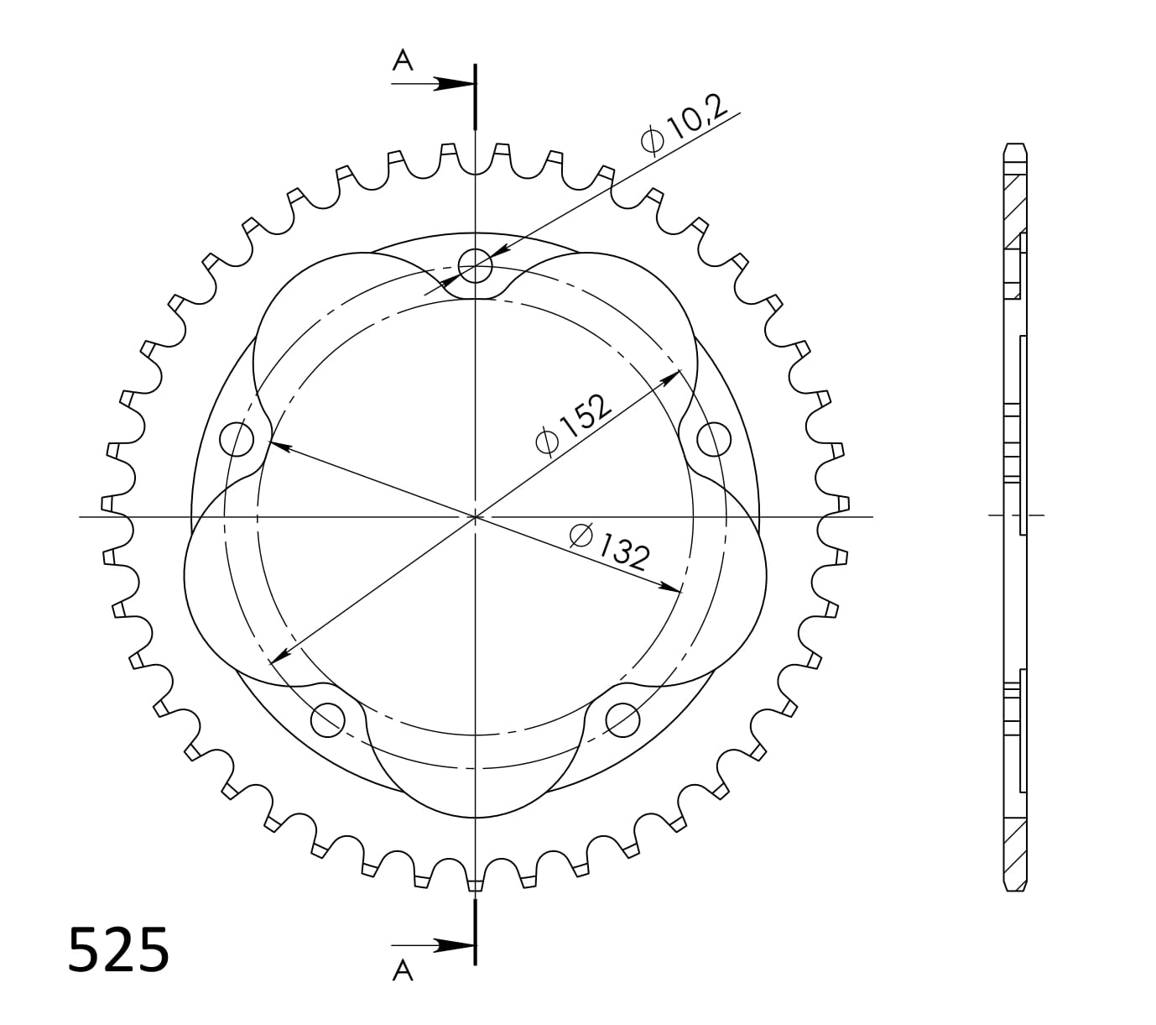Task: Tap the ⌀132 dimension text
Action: pos(609,546)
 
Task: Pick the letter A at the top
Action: pos(404,60)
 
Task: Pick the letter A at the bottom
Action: pos(404,970)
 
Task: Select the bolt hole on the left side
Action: pos(237,438)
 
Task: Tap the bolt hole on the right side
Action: pos(714,438)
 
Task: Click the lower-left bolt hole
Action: pos(328,718)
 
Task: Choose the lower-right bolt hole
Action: pos(622,718)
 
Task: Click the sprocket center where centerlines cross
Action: pos(476,515)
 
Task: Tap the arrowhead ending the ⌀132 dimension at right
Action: pos(671,588)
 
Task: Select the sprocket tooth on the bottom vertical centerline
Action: pos(476,884)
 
